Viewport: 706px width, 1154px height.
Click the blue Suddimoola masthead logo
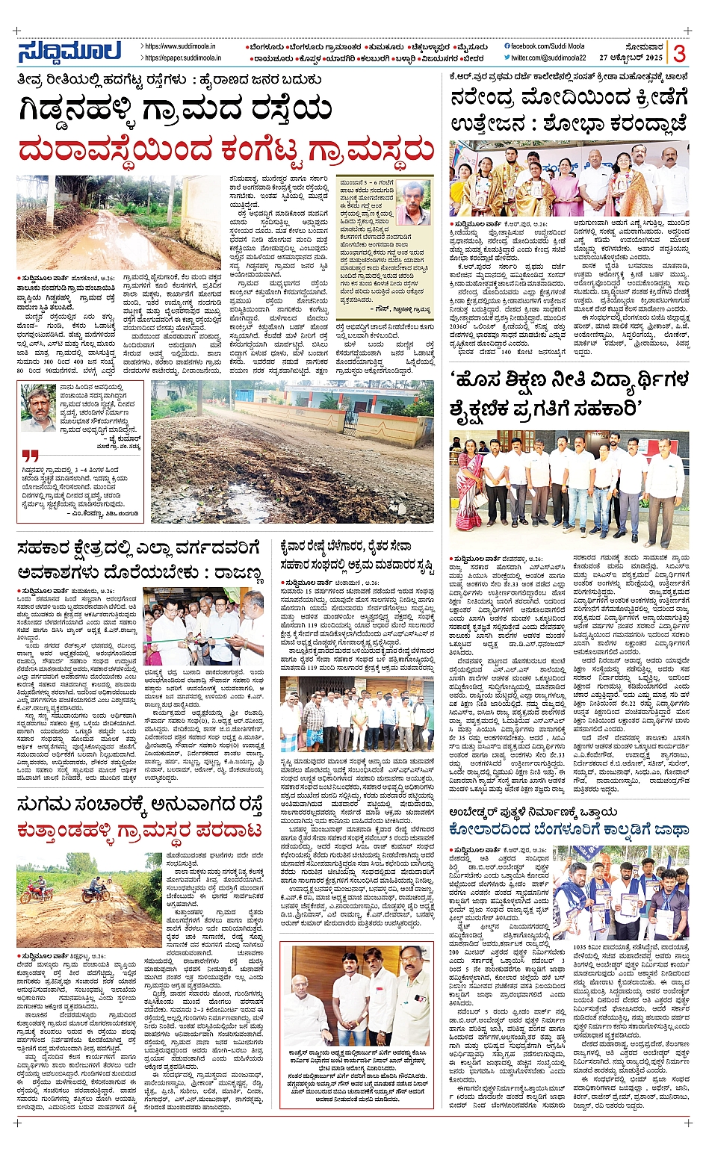69,52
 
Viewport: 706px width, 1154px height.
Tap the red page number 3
679,53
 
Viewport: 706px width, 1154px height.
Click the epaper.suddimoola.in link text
183,58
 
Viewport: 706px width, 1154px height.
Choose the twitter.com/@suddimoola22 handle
549,58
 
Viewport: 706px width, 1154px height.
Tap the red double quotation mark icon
30,455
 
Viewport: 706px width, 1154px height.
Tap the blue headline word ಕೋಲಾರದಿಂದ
494,829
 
